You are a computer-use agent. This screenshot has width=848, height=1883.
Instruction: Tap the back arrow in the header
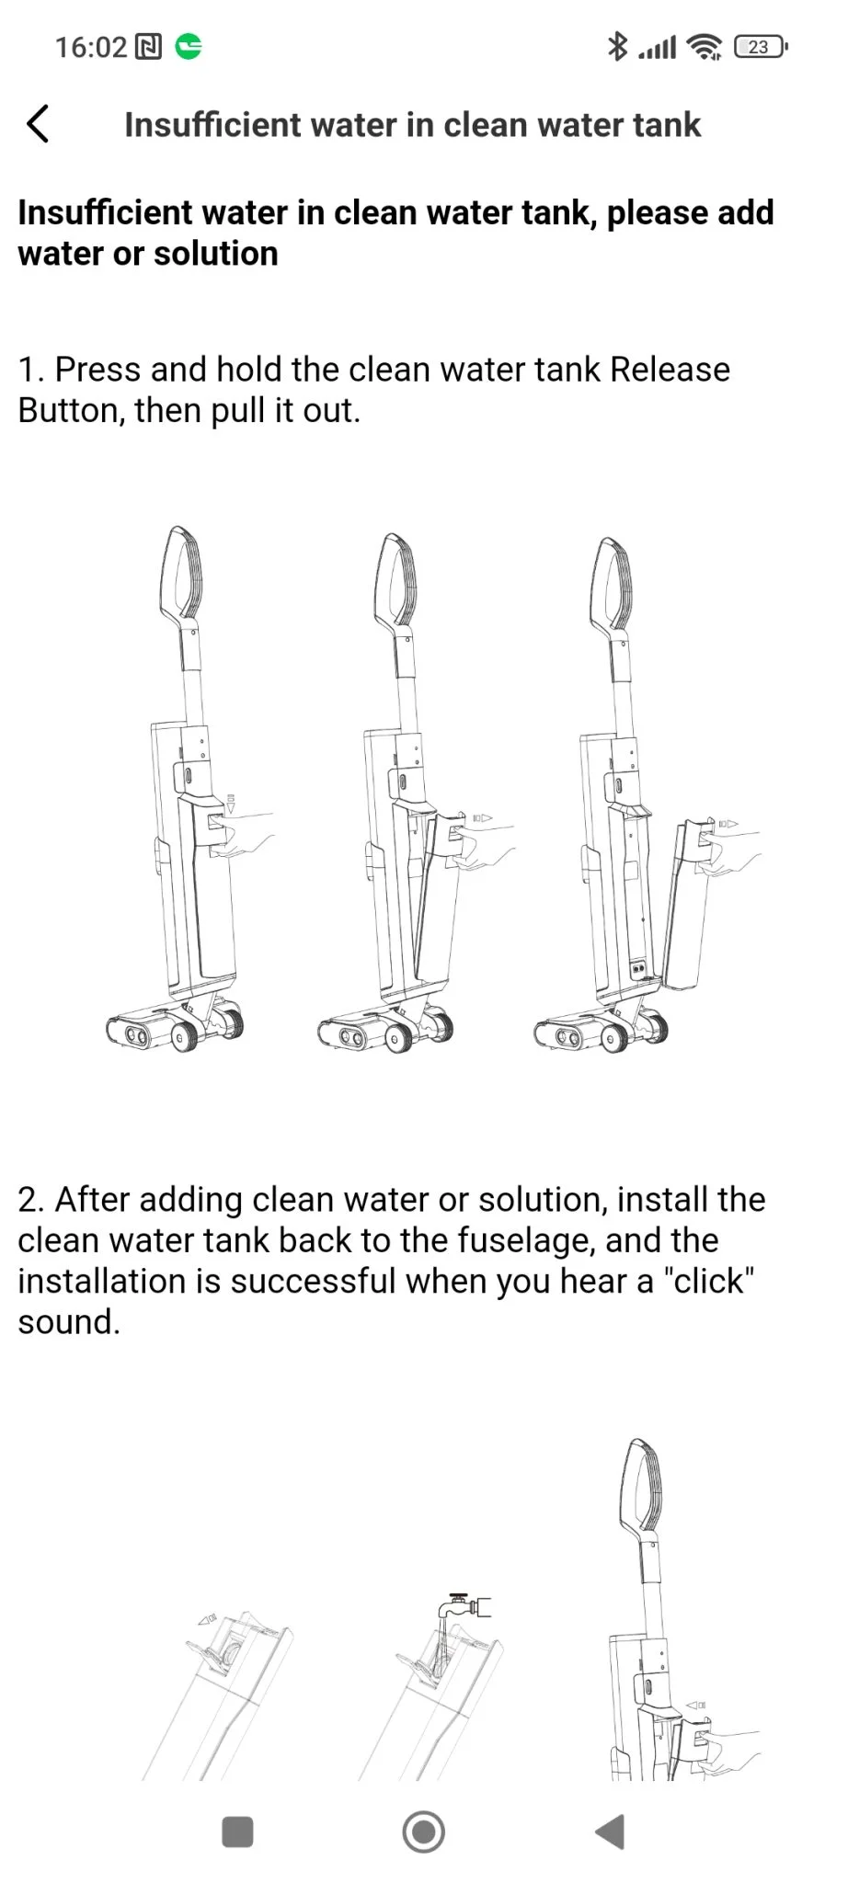pyautogui.click(x=38, y=124)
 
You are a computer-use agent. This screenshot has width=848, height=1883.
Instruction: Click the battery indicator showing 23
pyautogui.click(x=761, y=47)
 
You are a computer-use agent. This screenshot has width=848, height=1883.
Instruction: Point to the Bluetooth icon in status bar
pyautogui.click(x=617, y=46)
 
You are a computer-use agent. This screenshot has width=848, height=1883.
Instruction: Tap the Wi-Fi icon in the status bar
pyautogui.click(x=705, y=46)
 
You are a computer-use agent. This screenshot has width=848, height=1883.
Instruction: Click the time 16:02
pyautogui.click(x=91, y=47)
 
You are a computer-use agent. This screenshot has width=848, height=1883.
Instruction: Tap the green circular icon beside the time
pyautogui.click(x=189, y=46)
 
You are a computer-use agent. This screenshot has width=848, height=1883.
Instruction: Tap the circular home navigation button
pyautogui.click(x=424, y=1832)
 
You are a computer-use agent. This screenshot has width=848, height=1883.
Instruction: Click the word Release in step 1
pyautogui.click(x=670, y=370)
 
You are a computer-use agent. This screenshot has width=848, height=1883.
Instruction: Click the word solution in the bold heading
pyautogui.click(x=216, y=254)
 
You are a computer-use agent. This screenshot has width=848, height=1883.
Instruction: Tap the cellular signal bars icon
pyautogui.click(x=658, y=47)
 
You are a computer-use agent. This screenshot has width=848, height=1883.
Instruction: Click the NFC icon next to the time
pyautogui.click(x=148, y=47)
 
